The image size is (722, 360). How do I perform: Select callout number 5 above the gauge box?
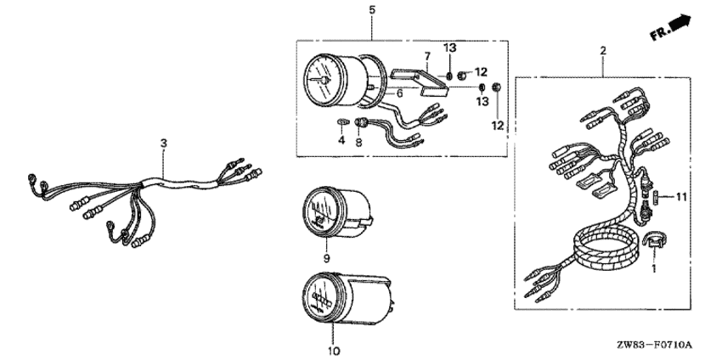pyautogui.click(x=372, y=9)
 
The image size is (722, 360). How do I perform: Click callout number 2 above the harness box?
pyautogui.click(x=603, y=51)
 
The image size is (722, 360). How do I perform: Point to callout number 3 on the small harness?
pyautogui.click(x=163, y=143)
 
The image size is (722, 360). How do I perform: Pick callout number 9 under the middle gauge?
pyautogui.click(x=326, y=259)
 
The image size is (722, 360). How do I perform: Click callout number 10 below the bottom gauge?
pyautogui.click(x=335, y=352)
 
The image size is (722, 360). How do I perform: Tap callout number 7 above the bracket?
pyautogui.click(x=427, y=57)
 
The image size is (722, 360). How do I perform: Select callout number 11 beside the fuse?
pyautogui.click(x=681, y=198)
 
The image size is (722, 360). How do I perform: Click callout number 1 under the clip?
pyautogui.click(x=652, y=267)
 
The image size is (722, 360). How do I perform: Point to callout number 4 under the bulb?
pyautogui.click(x=341, y=140)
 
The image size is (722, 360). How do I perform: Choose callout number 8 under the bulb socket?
pyautogui.click(x=358, y=143)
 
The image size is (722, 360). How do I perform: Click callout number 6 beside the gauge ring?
pyautogui.click(x=400, y=93)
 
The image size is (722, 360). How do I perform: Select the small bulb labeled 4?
pyautogui.click(x=341, y=121)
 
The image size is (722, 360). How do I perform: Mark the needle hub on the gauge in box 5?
pyautogui.click(x=324, y=81)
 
